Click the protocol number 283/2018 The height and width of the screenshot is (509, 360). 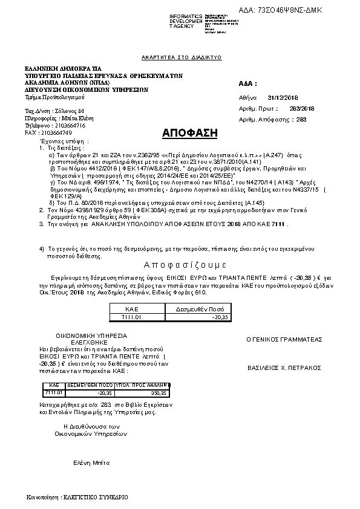(303, 108)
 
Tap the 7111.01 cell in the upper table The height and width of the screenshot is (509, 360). (132, 317)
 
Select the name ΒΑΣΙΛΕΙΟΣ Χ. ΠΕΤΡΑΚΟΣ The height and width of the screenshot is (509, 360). (284, 368)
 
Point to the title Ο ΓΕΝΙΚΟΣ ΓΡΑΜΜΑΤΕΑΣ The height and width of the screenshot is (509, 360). (284, 340)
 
